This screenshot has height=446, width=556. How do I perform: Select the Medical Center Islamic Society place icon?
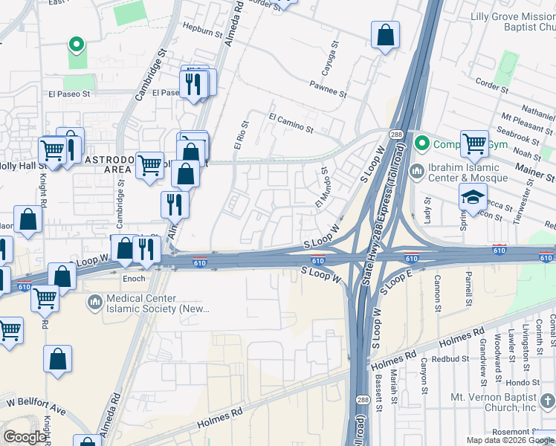click(x=94, y=302)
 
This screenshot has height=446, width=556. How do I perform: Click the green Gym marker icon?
click(x=422, y=141)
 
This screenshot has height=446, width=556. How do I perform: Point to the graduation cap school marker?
click(x=472, y=198)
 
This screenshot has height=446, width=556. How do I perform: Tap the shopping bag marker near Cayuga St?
click(x=386, y=35)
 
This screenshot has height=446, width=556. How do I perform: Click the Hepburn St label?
click(x=203, y=33)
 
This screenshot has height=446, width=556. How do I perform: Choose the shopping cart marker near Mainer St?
click(x=474, y=143)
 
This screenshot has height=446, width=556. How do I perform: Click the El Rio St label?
click(x=239, y=136)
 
